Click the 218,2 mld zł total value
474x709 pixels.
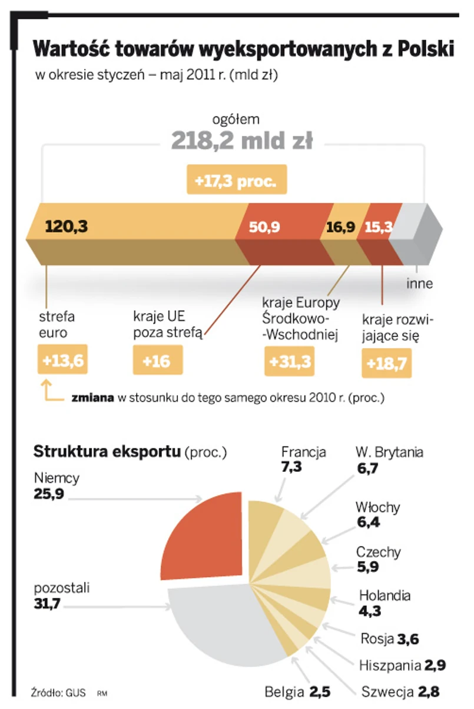pos(242,141)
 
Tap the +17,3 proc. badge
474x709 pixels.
pos(237,181)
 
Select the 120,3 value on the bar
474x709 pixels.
pos(66,227)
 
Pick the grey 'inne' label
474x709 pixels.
pos(420,284)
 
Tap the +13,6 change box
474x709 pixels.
pos(62,360)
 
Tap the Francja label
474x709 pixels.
pos(303,452)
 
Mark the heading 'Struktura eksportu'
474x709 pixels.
pos(107,452)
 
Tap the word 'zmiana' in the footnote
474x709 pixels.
pos(92,398)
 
